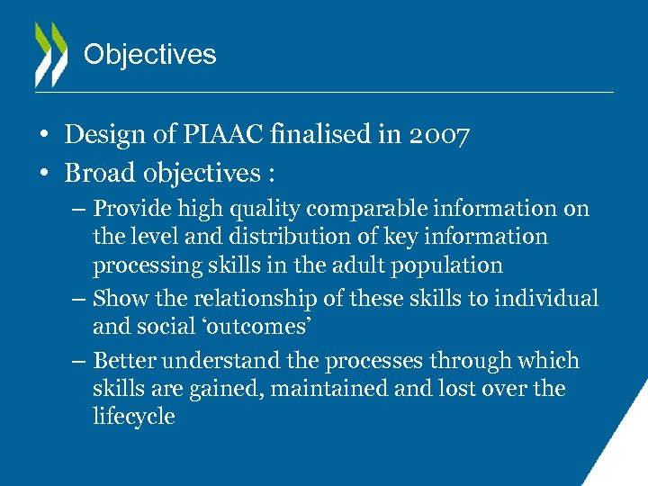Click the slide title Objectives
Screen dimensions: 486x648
(x=149, y=55)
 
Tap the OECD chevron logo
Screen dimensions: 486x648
(x=50, y=54)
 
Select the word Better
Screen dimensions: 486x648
(x=124, y=361)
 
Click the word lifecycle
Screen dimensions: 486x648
(x=133, y=418)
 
